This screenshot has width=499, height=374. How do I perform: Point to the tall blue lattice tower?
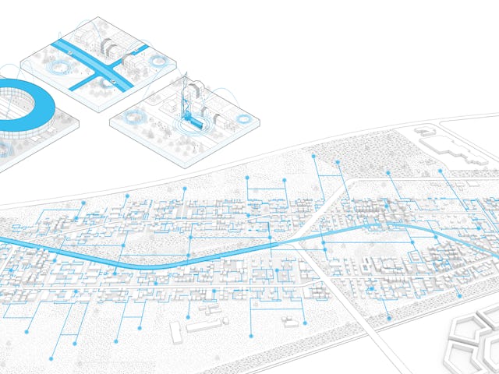(x=188, y=97)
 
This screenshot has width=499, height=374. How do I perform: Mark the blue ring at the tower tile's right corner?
(x=248, y=121)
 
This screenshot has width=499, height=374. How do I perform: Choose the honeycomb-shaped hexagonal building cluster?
(x=472, y=343)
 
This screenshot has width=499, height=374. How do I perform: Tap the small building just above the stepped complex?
(x=428, y=133)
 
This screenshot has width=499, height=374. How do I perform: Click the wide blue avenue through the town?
(x=195, y=259)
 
